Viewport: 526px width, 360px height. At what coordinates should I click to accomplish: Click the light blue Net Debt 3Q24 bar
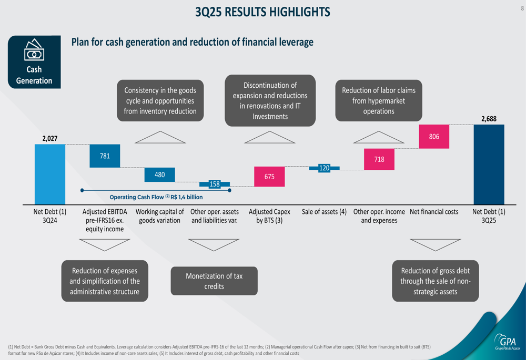coord(50,174)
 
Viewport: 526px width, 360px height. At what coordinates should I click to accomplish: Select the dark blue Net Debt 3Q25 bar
coord(489,164)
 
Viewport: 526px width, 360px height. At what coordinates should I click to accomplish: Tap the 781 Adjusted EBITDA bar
coord(105,156)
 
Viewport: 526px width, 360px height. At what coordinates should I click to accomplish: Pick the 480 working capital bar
coord(159,174)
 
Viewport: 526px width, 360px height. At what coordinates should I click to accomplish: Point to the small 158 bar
coord(215,184)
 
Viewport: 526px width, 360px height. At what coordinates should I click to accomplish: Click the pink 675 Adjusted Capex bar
coord(269,177)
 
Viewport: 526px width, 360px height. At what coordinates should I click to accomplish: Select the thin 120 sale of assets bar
coord(324,168)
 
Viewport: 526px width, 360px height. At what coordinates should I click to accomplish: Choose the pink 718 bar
coord(379,159)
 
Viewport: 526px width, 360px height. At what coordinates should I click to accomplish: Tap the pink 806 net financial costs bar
coord(434,137)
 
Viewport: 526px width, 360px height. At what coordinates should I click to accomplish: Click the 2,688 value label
coord(489,119)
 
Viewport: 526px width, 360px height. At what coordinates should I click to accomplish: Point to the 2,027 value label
coord(50,139)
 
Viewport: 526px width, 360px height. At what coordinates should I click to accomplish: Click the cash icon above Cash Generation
coord(34,49)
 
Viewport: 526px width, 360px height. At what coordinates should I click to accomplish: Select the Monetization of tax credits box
coord(214,281)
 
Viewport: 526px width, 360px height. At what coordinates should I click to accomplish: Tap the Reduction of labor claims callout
coord(379,100)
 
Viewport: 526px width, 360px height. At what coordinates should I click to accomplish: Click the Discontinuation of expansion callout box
coord(270,100)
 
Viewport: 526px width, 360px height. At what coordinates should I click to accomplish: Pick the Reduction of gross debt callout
coord(436,281)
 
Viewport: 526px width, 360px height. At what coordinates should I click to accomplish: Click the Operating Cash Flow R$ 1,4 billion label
coord(156,197)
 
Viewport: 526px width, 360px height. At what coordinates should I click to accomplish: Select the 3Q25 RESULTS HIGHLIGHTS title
coord(262,12)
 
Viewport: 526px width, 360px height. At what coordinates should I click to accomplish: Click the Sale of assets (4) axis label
coord(324,212)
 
